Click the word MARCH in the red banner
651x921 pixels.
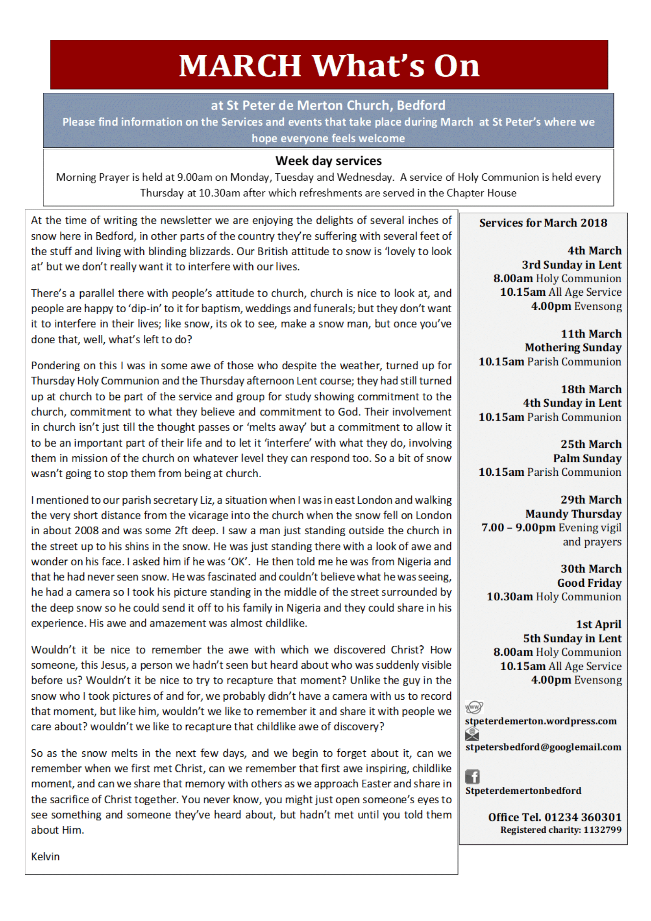(x=240, y=65)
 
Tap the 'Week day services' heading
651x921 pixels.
(x=328, y=161)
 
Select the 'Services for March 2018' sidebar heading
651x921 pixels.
(x=543, y=222)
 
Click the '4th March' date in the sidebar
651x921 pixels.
(x=594, y=251)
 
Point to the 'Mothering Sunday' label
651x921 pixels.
(x=573, y=347)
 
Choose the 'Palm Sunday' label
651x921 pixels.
(x=587, y=458)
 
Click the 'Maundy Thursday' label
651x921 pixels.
(x=573, y=514)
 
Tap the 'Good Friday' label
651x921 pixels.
(x=589, y=583)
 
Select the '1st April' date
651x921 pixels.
(x=599, y=624)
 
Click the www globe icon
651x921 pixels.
(x=474, y=707)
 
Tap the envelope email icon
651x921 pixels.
(x=472, y=734)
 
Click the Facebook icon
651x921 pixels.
(x=473, y=777)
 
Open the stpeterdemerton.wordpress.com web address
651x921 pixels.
(x=541, y=721)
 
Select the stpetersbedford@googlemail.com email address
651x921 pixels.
(x=543, y=747)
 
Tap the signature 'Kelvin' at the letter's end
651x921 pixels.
(x=45, y=856)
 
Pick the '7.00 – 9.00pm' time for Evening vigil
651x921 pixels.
(x=518, y=528)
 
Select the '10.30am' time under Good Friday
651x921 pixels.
(x=509, y=597)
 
